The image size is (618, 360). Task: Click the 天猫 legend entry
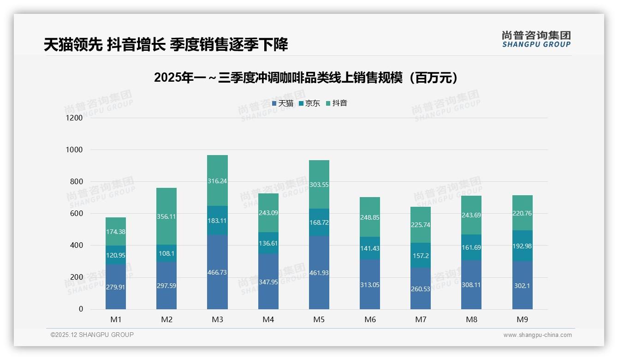[283, 103]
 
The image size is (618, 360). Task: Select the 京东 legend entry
[309, 103]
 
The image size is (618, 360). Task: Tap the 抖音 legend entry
[337, 103]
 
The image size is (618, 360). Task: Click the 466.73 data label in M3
[217, 273]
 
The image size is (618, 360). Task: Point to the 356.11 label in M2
[166, 216]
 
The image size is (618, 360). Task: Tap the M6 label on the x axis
[370, 319]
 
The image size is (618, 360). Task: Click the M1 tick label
[116, 319]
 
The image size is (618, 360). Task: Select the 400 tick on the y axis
[77, 246]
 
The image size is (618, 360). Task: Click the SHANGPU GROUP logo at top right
[536, 39]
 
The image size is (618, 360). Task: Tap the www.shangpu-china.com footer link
[537, 335]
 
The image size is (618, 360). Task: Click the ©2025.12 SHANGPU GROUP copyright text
[92, 335]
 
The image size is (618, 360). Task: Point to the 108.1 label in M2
[166, 254]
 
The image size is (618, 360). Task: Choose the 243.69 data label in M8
[471, 215]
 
